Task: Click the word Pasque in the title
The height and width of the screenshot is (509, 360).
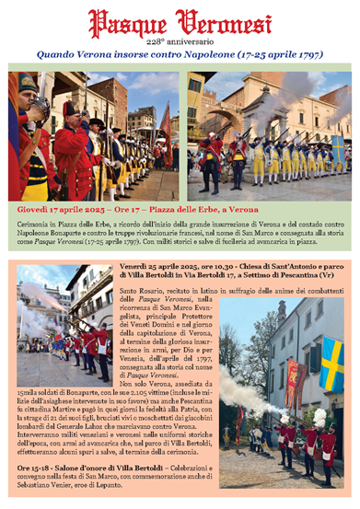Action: coord(128,20)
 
